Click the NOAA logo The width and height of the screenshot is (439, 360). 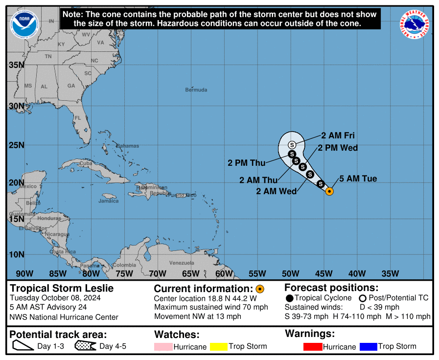click(x=23, y=23)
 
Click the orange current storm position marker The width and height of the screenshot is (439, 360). click(x=329, y=191)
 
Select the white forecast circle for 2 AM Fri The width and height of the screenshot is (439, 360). click(x=292, y=145)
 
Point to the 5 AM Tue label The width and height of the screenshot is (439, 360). click(x=358, y=179)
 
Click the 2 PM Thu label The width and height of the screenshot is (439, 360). click(x=247, y=163)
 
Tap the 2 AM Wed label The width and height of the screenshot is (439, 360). click(x=277, y=191)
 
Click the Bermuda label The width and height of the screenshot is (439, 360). click(x=196, y=90)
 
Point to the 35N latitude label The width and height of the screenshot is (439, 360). click(x=17, y=65)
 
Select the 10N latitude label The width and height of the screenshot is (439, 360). click(x=17, y=254)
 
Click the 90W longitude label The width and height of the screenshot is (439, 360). click(x=24, y=273)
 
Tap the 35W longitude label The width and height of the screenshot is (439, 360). click(x=390, y=273)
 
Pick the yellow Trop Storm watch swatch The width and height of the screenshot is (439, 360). click(x=219, y=347)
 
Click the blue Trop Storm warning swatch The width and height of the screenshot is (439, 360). click(x=368, y=347)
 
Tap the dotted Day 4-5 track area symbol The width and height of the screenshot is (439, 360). click(x=86, y=347)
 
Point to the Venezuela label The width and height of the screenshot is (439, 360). click(x=182, y=263)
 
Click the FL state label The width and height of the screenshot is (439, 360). click(x=77, y=118)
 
